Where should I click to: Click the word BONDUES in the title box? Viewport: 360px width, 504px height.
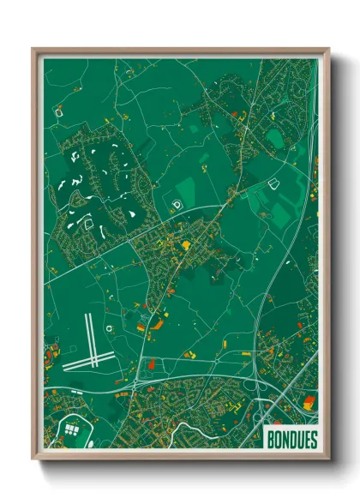[291, 437]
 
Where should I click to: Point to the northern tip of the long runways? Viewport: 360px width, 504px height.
[87, 315]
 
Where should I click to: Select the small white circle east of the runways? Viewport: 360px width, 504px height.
[109, 328]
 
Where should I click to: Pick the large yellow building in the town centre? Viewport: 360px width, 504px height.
[186, 245]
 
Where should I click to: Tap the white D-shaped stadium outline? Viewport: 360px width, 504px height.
[177, 204]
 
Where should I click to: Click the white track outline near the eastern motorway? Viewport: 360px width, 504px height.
[274, 183]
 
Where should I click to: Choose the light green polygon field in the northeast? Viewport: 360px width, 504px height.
[274, 137]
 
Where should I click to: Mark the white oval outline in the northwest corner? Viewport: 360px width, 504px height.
[59, 111]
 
